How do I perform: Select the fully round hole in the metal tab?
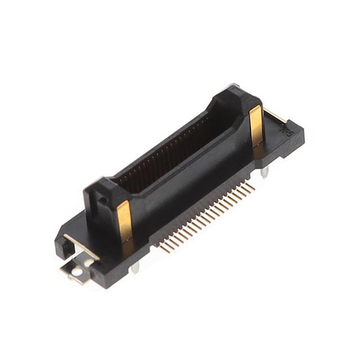coord(76,272)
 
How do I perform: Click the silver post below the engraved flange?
coord(265,170)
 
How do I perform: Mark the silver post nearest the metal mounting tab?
coord(134,268)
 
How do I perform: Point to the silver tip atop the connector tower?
coord(233,87)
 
